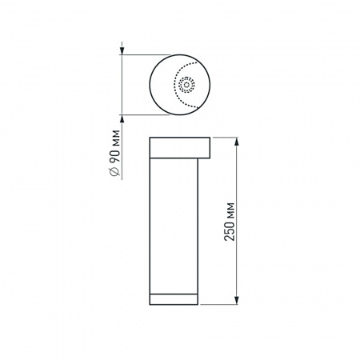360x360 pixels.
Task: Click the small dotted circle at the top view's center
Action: click(187, 83)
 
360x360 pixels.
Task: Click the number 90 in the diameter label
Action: click(118, 157)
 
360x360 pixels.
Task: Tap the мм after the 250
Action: click(231, 207)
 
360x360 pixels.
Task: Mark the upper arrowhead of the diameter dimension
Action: click(123, 58)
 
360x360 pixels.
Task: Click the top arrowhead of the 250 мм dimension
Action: click(238, 142)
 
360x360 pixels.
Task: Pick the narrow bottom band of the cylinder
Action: click(173, 299)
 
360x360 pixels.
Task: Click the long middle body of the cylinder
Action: click(173, 224)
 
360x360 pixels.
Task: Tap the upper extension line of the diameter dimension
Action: click(144, 54)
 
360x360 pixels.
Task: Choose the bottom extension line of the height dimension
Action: click(220, 305)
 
